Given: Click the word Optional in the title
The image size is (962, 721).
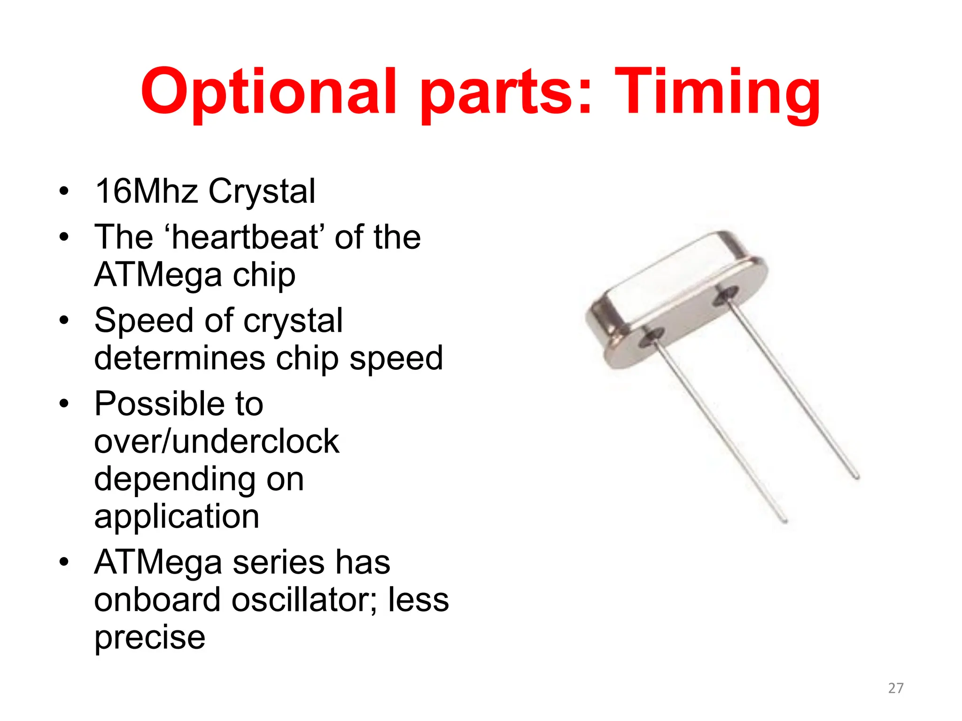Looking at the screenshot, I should coord(268,92).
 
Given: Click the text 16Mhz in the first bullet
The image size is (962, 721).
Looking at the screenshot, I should coord(147,191).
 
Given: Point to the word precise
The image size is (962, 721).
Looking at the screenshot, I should coord(150,637).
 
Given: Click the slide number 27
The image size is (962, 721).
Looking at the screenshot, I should coord(896,688).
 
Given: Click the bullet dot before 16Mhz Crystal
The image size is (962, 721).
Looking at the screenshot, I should coord(64,192).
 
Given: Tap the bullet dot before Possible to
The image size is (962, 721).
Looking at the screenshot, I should coord(64,404).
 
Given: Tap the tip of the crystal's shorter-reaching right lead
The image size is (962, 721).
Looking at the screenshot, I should coord(857,477).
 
